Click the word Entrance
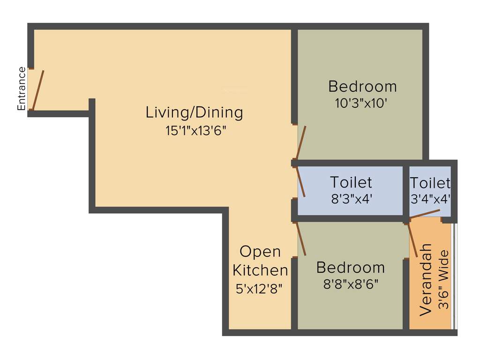[x=22, y=89]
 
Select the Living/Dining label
[x=194, y=112]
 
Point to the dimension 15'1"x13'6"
[x=196, y=131]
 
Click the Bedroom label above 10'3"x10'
[x=362, y=87]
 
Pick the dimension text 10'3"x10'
[x=360, y=103]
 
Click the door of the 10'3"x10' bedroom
[x=300, y=142]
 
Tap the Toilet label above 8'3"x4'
[x=351, y=182]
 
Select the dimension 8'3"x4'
[x=351, y=198]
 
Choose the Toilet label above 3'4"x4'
[x=430, y=183]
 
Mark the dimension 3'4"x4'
[x=430, y=199]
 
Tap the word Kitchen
[x=260, y=270]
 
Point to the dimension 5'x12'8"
[x=260, y=288]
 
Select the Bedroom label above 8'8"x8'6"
[x=350, y=268]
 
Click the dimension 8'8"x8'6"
[x=351, y=284]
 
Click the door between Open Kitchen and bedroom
[x=300, y=239]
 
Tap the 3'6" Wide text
[x=443, y=280]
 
